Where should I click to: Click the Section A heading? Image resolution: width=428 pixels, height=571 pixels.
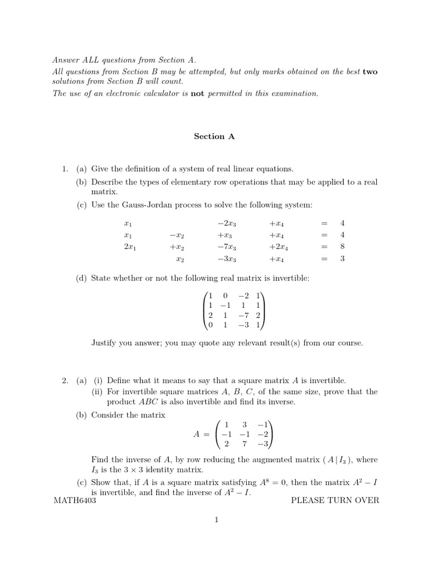214,136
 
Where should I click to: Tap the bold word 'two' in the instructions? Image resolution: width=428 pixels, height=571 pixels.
370,72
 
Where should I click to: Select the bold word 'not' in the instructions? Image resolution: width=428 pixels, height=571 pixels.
198,94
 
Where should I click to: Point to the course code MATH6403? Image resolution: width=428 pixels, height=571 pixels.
75,500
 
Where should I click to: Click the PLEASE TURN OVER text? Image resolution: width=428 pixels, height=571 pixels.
335,500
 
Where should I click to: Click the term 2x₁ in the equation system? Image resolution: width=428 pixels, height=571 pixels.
130,247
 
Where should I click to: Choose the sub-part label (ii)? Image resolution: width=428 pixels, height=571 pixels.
98,391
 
